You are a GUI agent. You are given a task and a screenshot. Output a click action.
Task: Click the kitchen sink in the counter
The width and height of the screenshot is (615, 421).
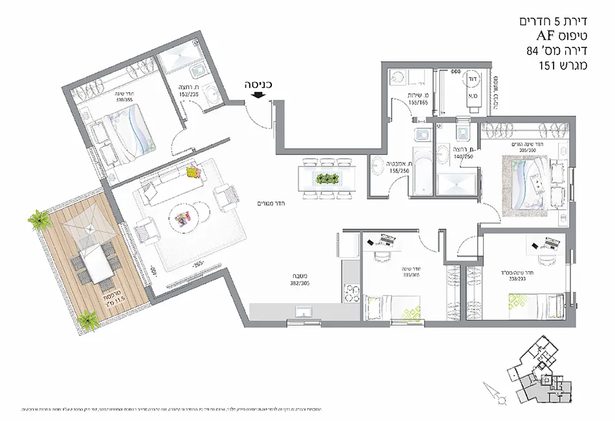[x=304, y=313]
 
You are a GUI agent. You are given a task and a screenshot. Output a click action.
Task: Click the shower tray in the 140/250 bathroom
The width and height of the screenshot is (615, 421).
[x=456, y=185]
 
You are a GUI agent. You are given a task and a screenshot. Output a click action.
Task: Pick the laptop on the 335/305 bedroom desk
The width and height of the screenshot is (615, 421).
[x=387, y=240]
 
